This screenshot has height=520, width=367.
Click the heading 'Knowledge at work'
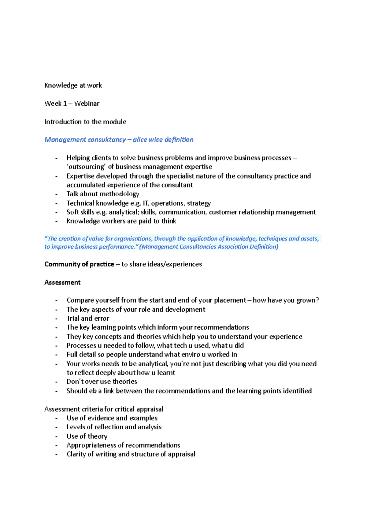[73, 85]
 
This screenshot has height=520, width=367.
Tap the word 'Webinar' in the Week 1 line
[87, 104]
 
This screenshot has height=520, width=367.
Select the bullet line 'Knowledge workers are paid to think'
[121, 221]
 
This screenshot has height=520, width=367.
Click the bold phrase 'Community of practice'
[79, 264]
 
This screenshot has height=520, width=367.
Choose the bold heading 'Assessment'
[62, 282]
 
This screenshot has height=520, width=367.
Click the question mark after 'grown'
[317, 300]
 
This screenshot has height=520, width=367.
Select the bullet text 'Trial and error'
[88, 318]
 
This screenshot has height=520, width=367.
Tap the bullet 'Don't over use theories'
[102, 382]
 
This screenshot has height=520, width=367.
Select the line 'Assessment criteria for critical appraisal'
[104, 409]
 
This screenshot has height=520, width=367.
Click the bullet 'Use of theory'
[87, 436]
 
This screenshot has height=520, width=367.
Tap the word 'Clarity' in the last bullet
[76, 454]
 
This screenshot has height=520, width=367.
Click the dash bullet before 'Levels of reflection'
[56, 427]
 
